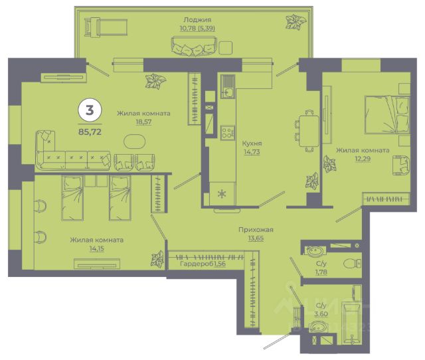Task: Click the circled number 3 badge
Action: [90, 111]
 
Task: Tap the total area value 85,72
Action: [90, 132]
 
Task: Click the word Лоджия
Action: [197, 19]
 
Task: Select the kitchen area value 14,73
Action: [252, 152]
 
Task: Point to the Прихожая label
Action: [256, 230]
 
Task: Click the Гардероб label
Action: [197, 264]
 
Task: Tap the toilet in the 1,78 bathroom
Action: [352, 263]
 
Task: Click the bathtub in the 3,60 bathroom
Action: [351, 324]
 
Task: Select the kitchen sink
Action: [227, 86]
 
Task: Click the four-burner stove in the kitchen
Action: [227, 133]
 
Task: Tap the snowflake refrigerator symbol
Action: [222, 194]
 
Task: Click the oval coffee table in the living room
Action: [134, 141]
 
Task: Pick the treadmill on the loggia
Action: [106, 27]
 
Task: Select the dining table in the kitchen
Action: [309, 131]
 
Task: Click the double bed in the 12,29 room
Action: [386, 115]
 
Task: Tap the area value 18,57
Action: [143, 122]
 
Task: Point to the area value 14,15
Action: [97, 248]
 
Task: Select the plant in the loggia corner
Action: [296, 22]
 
